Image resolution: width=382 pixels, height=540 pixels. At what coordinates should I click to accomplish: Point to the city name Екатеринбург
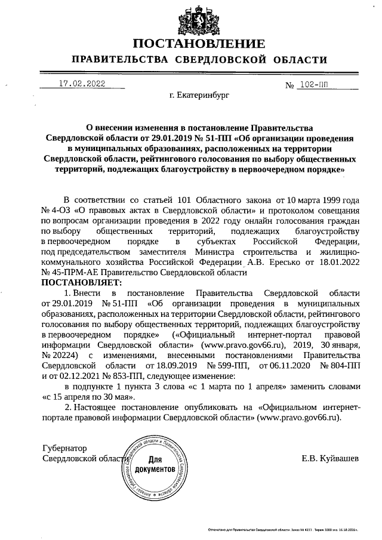[199, 95]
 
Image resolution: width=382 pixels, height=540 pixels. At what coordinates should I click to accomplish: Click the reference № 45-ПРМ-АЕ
[70, 273]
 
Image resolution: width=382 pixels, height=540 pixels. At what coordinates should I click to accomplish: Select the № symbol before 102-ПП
[291, 85]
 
